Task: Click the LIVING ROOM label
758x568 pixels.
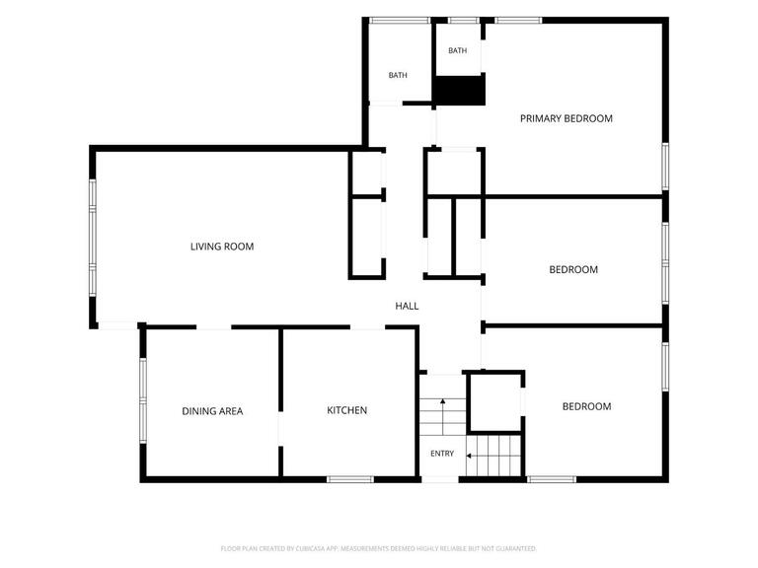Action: coord(222,247)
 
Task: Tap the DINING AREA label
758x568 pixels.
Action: coord(212,411)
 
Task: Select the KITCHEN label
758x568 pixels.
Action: coord(346,410)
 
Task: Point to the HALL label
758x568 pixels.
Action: coord(407,306)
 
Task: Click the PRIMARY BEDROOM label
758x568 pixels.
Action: coord(567,118)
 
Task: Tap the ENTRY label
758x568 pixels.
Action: coord(442,454)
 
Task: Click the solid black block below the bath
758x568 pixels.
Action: coord(459,91)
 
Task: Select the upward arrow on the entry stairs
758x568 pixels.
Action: coord(443,416)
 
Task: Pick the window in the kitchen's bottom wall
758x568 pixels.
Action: coord(350,479)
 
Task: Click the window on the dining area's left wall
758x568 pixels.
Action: coord(143,400)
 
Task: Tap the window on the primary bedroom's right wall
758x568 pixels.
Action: coord(665,166)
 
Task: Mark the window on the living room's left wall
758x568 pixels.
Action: coord(93,238)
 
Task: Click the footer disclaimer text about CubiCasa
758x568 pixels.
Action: coord(379,548)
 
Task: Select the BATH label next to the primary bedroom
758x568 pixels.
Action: coord(457,50)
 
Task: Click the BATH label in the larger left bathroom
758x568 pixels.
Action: coord(398,75)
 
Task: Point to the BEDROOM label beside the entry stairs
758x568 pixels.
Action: coord(586,406)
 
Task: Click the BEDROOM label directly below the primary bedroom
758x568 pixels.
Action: coord(573,269)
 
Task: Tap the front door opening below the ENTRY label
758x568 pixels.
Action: coord(440,479)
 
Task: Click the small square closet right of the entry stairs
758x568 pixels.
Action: coord(495,402)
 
